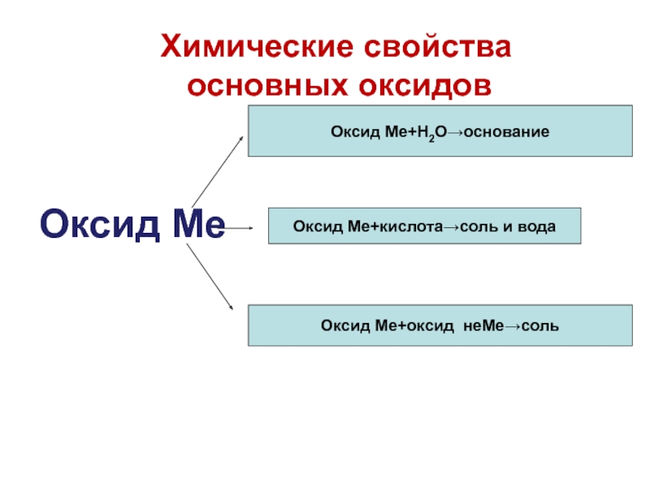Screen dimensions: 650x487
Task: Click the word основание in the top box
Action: click(x=509, y=131)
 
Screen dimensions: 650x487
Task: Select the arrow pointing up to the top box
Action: click(x=217, y=170)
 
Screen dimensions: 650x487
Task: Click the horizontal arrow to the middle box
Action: click(x=240, y=229)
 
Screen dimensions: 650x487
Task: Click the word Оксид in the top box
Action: click(x=349, y=131)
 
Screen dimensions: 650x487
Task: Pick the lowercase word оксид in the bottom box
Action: click(x=419, y=325)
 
